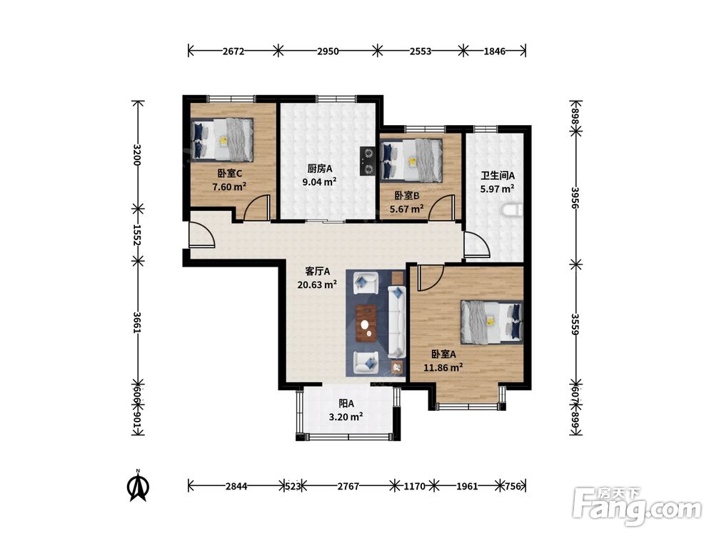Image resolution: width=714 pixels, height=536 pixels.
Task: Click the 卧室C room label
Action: pyautogui.click(x=229, y=173)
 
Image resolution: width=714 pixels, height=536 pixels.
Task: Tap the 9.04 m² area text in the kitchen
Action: pyautogui.click(x=320, y=182)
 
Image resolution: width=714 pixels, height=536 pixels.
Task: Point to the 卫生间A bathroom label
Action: pyautogui.click(x=498, y=176)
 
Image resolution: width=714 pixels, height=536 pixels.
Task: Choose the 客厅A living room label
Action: pyautogui.click(x=318, y=272)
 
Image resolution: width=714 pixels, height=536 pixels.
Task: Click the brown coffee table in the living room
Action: pyautogui.click(x=366, y=323)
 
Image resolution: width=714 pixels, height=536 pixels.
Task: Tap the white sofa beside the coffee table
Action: pyautogui.click(x=396, y=322)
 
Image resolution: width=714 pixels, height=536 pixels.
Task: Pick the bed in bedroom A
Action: pyautogui.click(x=492, y=322)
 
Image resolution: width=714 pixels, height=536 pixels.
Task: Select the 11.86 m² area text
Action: pyautogui.click(x=443, y=367)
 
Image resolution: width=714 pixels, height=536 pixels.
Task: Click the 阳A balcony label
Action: pyautogui.click(x=346, y=403)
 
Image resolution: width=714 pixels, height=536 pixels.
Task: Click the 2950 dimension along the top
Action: pyautogui.click(x=328, y=51)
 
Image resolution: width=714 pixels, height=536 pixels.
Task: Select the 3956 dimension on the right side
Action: pyautogui.click(x=575, y=197)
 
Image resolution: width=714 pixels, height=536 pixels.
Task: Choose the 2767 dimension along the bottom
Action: pyautogui.click(x=348, y=486)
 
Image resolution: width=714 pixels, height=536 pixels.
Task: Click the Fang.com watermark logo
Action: pyautogui.click(x=637, y=507)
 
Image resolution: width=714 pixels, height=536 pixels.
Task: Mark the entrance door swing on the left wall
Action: pyautogui.click(x=201, y=234)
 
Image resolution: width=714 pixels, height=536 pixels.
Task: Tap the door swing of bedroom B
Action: pyautogui.click(x=442, y=207)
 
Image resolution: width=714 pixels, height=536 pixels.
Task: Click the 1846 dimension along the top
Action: pyautogui.click(x=495, y=51)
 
